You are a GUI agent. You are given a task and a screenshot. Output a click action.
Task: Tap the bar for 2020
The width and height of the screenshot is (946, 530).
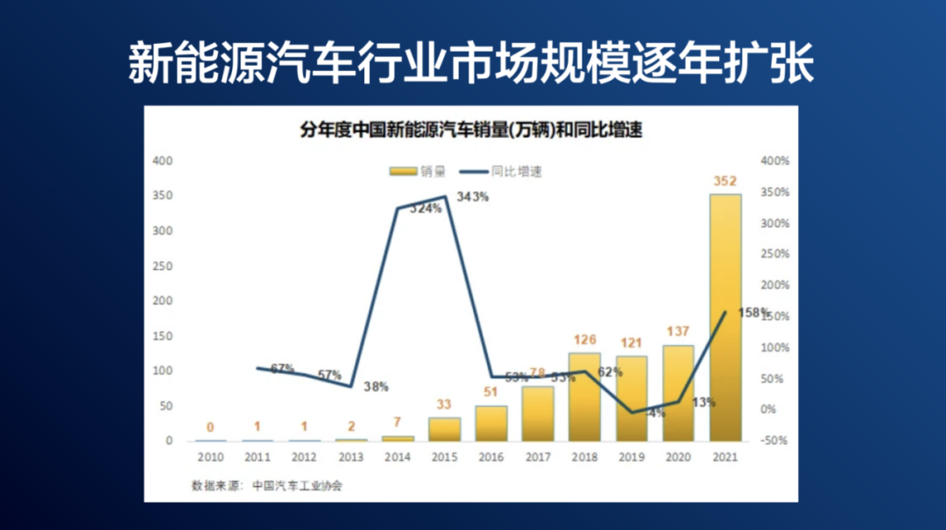678,393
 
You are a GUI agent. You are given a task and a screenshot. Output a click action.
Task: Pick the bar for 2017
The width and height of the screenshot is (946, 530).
539,413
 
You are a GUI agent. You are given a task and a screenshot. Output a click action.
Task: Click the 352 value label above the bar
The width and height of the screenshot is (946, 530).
724,182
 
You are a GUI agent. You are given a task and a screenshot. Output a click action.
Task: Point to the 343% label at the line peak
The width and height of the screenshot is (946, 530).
472,197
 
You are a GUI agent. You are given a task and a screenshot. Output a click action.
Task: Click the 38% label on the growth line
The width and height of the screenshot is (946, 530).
375,386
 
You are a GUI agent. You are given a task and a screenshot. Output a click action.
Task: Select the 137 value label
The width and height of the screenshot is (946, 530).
678,332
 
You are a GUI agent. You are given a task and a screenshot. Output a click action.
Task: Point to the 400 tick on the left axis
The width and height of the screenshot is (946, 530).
163,161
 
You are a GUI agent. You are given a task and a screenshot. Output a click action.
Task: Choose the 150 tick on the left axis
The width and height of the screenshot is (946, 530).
163,336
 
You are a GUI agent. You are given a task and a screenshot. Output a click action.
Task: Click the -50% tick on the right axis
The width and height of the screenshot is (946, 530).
774,441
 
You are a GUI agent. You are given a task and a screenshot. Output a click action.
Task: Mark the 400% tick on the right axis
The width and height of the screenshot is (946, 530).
774,161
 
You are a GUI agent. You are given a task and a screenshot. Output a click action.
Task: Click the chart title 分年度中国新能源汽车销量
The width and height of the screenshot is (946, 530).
471,131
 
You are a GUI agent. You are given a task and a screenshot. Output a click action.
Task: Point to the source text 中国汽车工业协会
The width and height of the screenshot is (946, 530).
296,485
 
